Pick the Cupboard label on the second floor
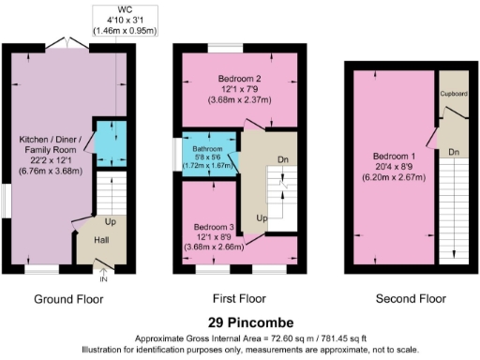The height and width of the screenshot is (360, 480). (454, 95)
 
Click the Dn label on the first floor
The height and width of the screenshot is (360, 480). (282, 159)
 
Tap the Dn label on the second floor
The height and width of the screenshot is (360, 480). (454, 151)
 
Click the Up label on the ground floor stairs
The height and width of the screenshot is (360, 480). (111, 223)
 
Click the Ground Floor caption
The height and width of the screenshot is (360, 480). (68, 300)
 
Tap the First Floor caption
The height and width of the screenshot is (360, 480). (239, 300)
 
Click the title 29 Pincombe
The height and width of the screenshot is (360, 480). (238, 322)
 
